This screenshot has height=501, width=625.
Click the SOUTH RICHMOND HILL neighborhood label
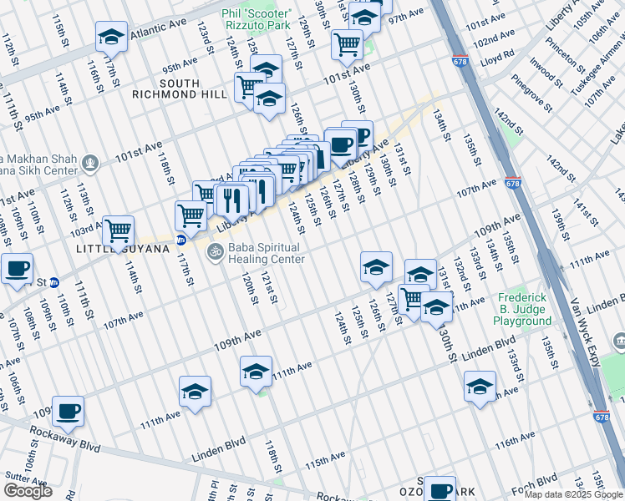tap(180, 89)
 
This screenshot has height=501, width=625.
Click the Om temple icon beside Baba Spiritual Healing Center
tap(213, 250)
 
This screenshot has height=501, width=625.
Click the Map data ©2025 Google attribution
tap(573, 493)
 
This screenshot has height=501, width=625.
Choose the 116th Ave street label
tap(513, 440)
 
